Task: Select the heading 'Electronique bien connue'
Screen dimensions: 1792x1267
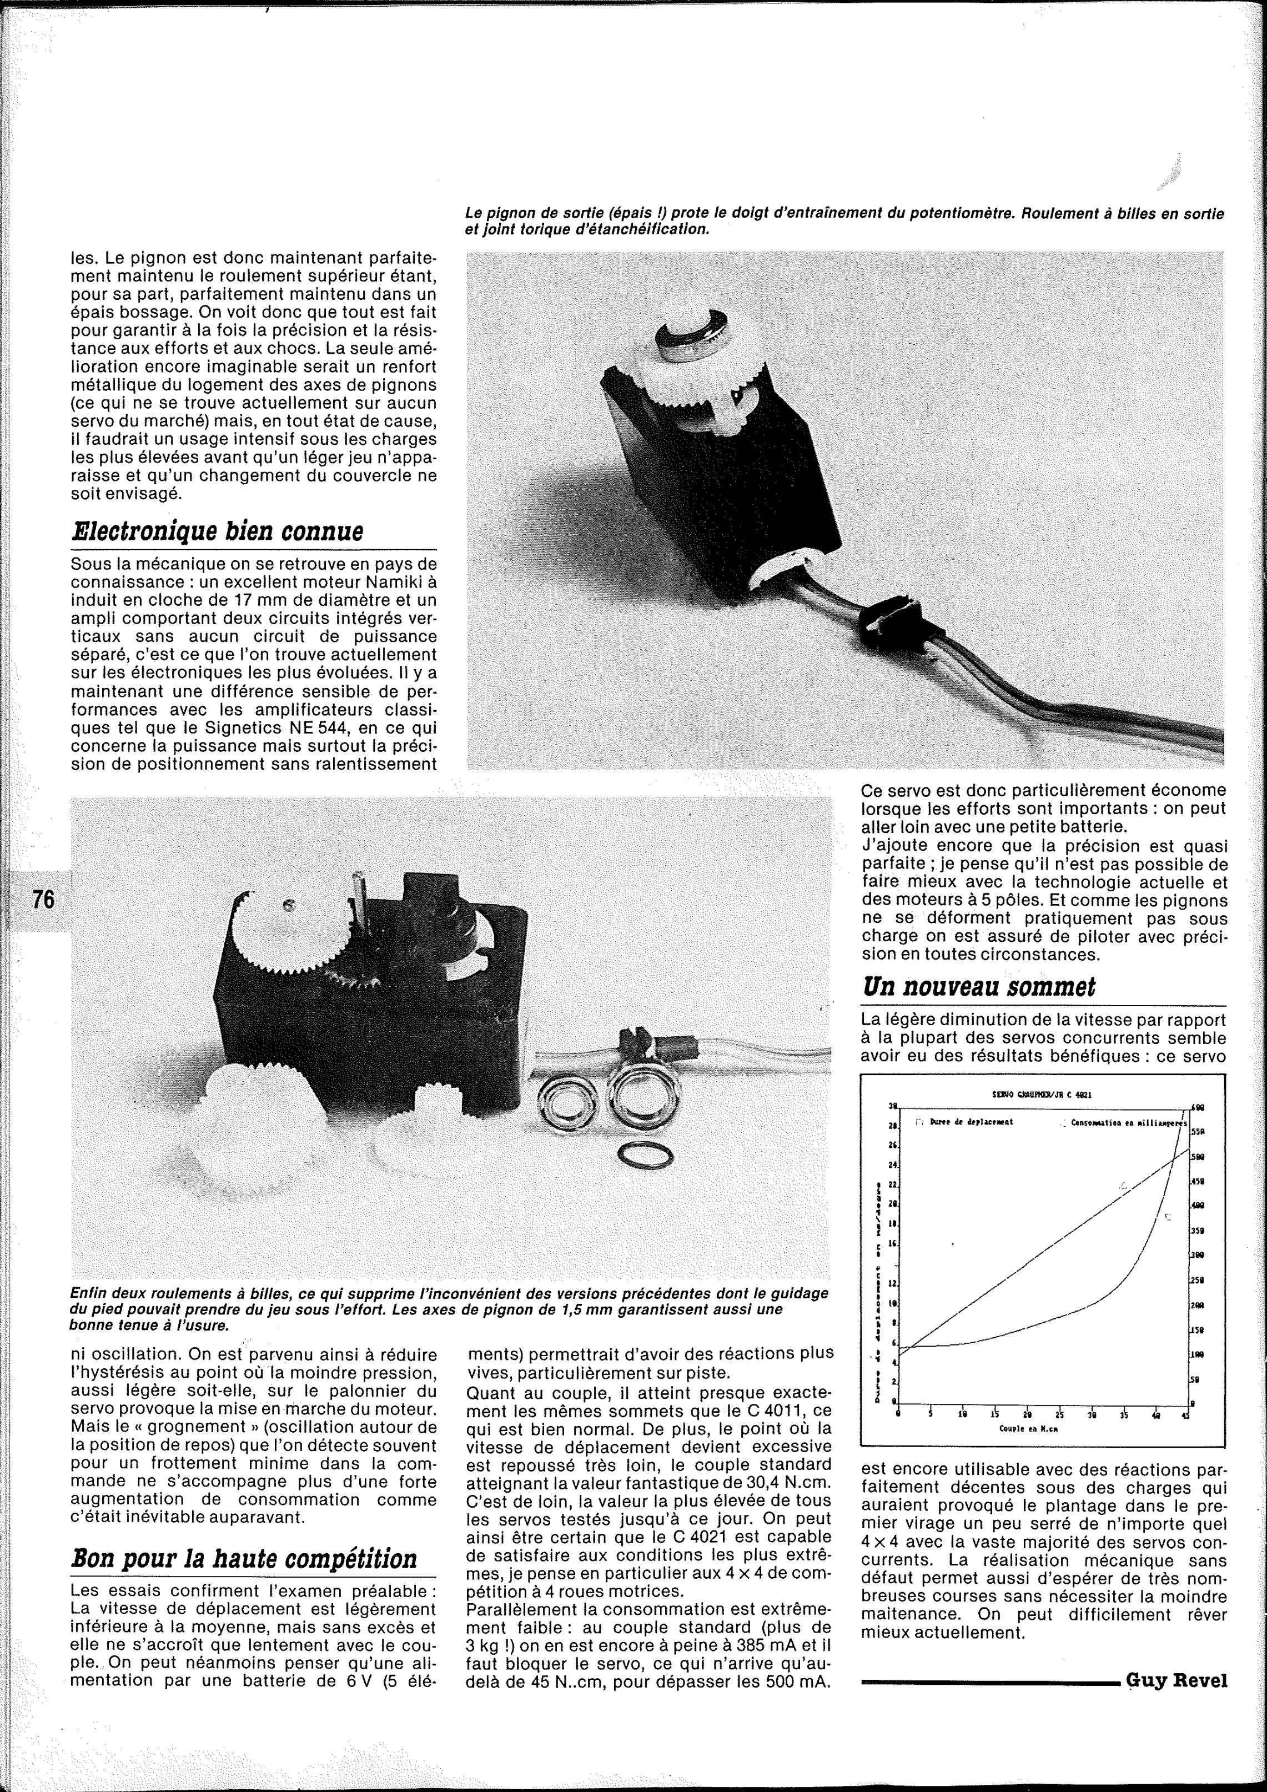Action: [217, 531]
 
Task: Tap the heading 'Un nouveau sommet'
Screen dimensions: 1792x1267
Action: [978, 987]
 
